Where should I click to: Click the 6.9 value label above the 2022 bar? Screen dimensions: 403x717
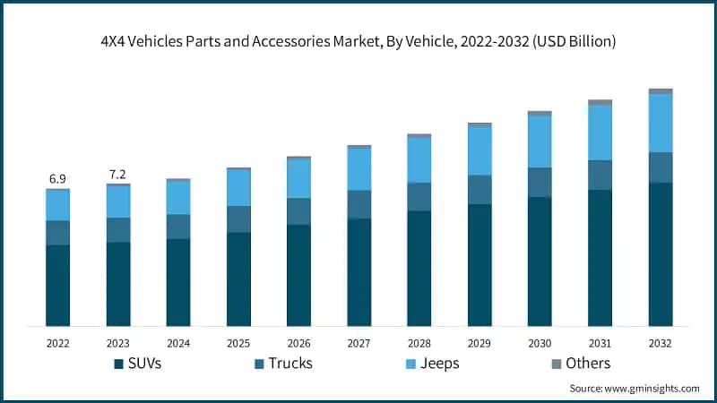[57, 180]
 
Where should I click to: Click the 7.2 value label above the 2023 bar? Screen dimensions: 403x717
[118, 174]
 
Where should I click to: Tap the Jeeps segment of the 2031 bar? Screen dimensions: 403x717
[600, 133]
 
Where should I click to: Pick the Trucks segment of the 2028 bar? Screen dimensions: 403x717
[419, 197]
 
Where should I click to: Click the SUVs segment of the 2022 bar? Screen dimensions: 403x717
[57, 285]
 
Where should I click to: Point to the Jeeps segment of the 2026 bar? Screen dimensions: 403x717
[298, 179]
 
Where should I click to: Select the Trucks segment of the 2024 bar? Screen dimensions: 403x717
[178, 227]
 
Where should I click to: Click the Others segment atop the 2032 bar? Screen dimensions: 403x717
[661, 91]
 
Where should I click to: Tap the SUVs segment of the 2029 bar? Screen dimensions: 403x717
[479, 264]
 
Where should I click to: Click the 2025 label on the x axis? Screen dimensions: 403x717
[238, 343]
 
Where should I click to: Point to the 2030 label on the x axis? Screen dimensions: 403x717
[540, 343]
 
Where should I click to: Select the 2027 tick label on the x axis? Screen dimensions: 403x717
[358, 343]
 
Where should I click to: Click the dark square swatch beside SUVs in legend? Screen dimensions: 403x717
[119, 364]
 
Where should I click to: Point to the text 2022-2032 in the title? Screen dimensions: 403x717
[494, 42]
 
